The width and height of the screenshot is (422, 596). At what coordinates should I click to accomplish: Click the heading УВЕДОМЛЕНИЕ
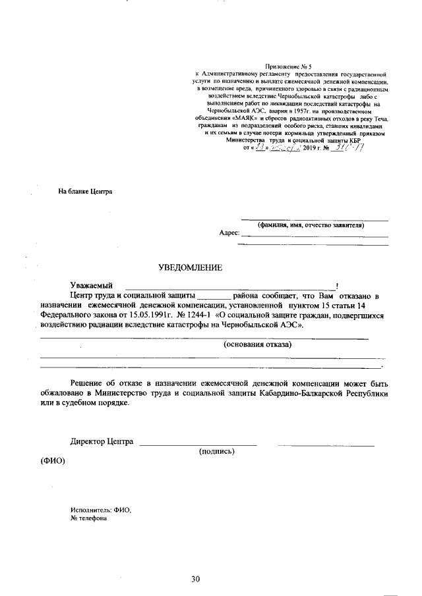(191, 267)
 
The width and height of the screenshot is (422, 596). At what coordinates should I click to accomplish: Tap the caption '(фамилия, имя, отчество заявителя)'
(311, 225)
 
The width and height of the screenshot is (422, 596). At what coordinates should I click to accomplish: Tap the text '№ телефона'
(89, 518)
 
